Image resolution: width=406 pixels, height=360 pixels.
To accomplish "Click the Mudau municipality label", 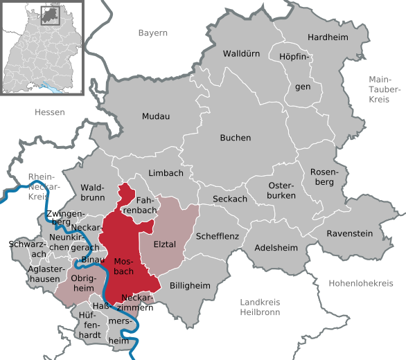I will pyautogui.click(x=156, y=116).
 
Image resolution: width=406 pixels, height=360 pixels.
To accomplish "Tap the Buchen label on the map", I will pyautogui.click(x=236, y=138).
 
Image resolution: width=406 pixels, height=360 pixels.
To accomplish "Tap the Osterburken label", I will pyautogui.click(x=281, y=191).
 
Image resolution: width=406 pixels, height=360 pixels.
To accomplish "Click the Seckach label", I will pyautogui.click(x=230, y=199).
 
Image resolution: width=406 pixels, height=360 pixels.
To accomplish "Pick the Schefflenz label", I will pyautogui.click(x=218, y=236).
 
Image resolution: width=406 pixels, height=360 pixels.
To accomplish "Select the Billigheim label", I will pyautogui.click(x=189, y=285).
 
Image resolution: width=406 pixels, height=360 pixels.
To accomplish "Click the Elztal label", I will pyautogui.click(x=165, y=244).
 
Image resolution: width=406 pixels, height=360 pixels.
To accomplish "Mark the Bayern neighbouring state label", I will pyautogui.click(x=152, y=33).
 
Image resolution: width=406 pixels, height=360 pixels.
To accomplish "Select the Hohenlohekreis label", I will pyautogui.click(x=360, y=284).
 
